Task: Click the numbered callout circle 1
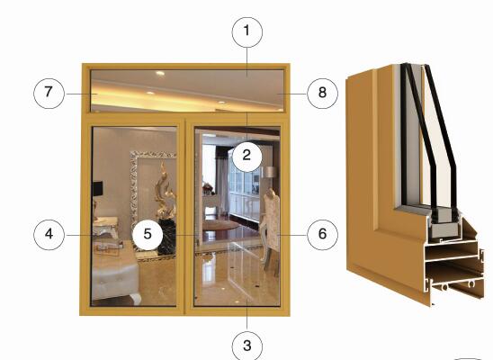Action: (x=247, y=32)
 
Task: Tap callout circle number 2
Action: (x=247, y=156)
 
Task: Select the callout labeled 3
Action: (x=247, y=346)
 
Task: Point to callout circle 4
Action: (x=49, y=235)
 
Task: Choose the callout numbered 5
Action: (x=148, y=235)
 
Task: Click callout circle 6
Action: (x=323, y=235)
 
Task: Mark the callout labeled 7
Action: (x=49, y=94)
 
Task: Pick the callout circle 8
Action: (x=323, y=94)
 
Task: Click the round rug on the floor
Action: (x=221, y=225)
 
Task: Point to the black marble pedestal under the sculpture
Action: (x=167, y=237)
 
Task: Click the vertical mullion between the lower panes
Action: (x=185, y=216)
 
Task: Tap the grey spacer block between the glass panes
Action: (x=445, y=224)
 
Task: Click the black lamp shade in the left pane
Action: (x=97, y=189)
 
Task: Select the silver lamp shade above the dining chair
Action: (x=271, y=172)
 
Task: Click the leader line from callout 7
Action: (x=80, y=94)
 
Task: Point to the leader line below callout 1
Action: (x=247, y=62)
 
